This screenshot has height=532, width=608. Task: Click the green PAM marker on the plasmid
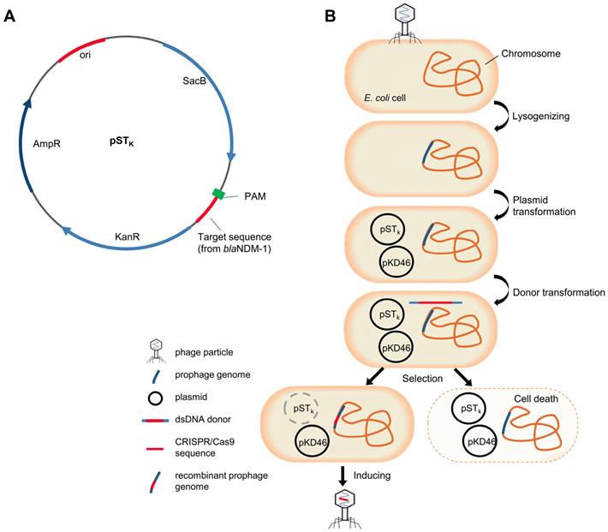click(220, 194)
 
